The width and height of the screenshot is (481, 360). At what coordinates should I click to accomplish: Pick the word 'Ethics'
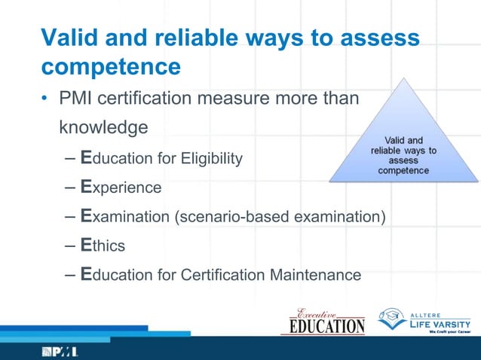click(103, 246)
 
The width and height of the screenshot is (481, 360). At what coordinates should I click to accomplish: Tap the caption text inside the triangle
click(403, 155)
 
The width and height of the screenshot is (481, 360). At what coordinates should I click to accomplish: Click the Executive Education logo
click(323, 320)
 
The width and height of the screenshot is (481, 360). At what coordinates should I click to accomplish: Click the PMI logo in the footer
click(60, 351)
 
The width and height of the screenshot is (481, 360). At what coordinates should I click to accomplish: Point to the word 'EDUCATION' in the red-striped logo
click(323, 326)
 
